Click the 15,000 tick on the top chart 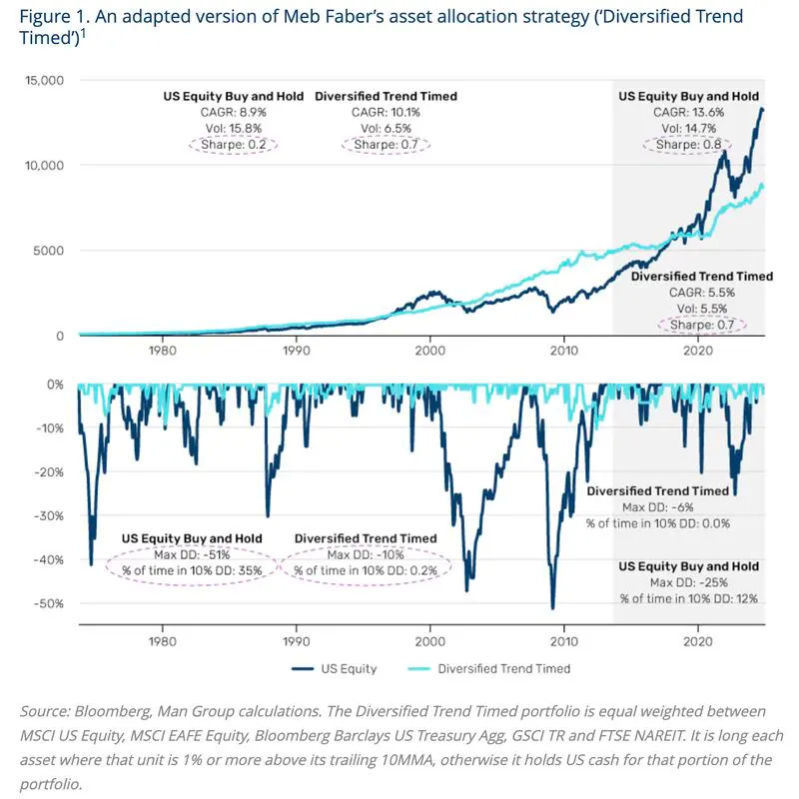pos(44,81)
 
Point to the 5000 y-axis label pos(48,251)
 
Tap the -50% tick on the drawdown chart pos(49,604)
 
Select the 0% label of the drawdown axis pos(55,385)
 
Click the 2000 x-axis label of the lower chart pos(430,641)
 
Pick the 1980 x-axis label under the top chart pos(163,351)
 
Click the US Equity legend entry pos(335,668)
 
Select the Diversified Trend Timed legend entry pos(489,668)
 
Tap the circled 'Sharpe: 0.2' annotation pos(234,145)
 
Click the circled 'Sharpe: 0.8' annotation pos(688,145)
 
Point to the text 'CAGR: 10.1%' pos(386,112)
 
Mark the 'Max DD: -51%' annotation pos(192,554)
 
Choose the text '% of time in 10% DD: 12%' pos(688,598)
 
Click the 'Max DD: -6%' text pos(658,507)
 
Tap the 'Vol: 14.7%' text pos(688,129)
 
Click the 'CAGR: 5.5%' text pos(702,293)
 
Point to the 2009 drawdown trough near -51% pos(553,607)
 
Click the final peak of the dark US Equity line pos(762,109)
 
